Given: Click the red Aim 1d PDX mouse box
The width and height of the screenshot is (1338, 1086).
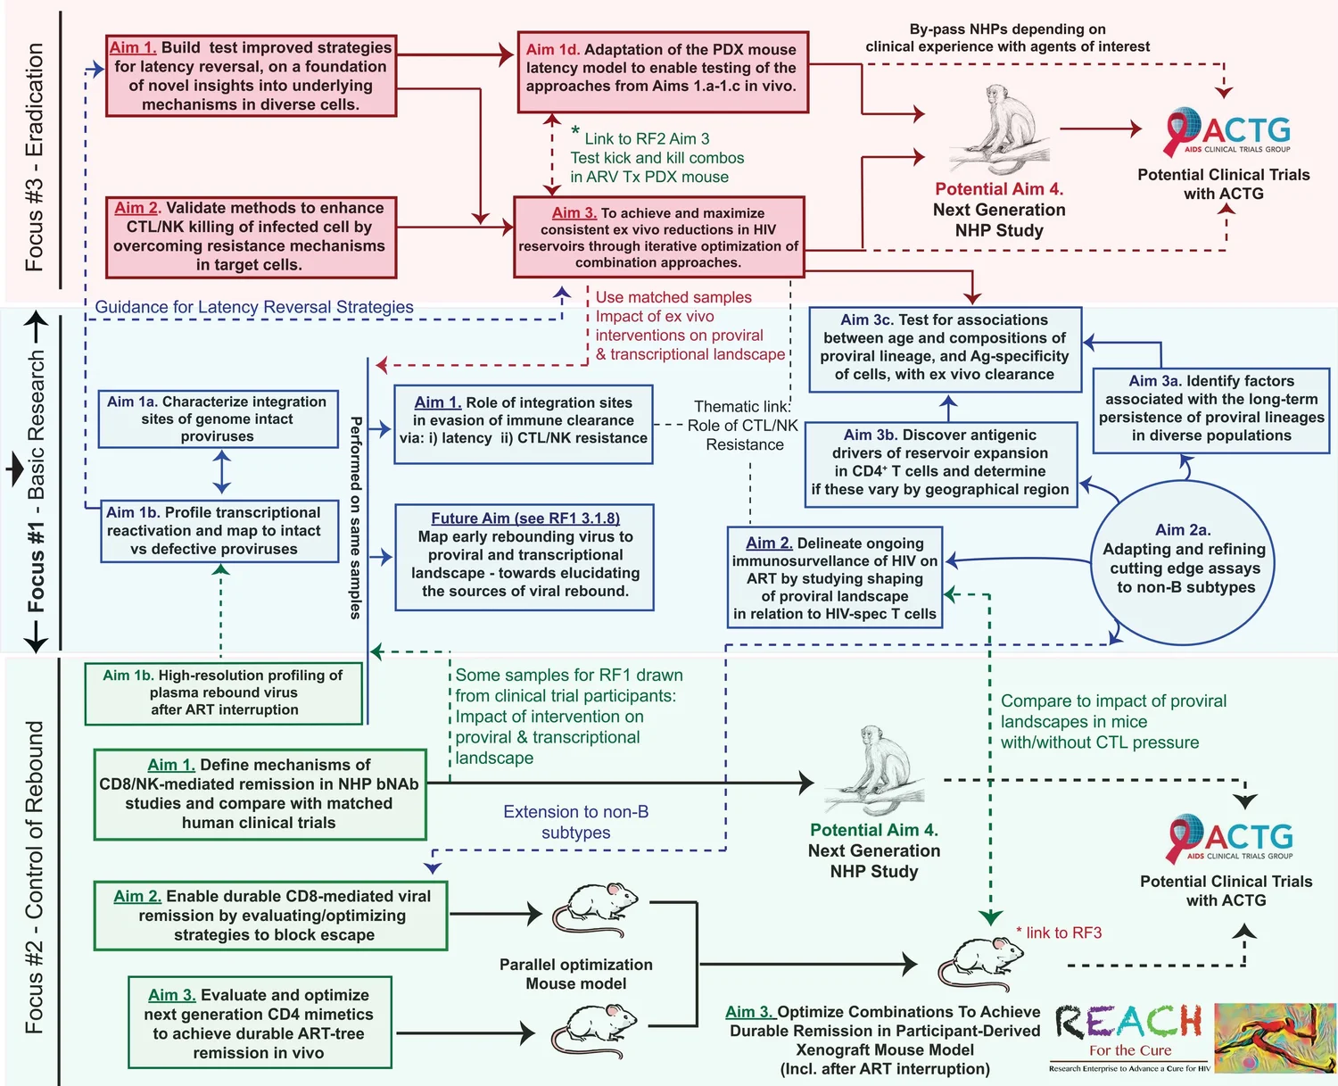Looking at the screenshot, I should coord(662,72).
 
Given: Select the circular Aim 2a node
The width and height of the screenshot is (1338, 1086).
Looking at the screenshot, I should coord(1183,560).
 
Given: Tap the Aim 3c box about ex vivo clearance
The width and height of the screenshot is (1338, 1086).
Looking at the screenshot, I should coord(945,349).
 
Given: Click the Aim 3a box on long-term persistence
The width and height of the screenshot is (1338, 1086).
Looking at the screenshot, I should coord(1211,409).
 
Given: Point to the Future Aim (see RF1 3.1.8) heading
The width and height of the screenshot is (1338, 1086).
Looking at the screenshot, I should coord(524,518).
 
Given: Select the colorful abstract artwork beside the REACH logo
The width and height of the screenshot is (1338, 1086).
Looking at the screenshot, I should coord(1275,1037).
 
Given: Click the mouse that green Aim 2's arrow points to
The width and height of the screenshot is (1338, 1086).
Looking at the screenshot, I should coord(595,910).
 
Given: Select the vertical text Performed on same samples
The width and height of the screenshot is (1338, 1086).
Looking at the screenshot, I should coord(355,518).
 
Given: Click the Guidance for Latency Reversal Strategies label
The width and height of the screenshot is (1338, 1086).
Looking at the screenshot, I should coord(254,307).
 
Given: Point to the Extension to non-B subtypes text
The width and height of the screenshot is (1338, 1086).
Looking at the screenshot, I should coord(575,822).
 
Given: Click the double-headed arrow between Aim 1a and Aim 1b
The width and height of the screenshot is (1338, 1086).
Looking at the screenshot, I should coord(221,472).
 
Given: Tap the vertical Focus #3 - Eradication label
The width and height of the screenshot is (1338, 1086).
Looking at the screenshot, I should coord(34,156).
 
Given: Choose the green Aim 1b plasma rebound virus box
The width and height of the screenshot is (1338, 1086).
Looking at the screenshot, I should coord(224,692).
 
